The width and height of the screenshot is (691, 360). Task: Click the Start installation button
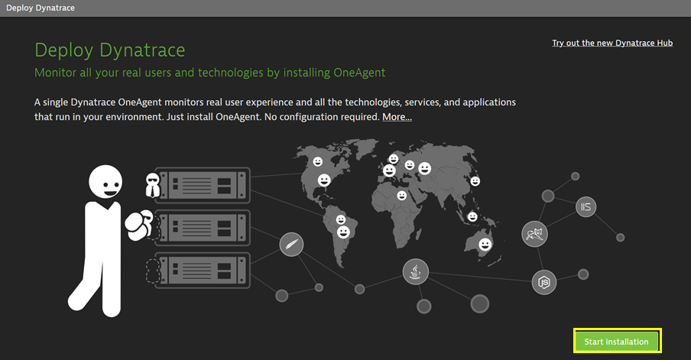617,341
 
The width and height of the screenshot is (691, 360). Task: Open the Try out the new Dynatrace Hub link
612,43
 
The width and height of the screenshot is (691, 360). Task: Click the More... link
397,117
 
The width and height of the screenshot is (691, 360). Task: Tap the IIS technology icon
586,206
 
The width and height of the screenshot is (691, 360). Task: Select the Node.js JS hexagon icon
543,283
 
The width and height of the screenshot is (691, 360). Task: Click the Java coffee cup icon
415,272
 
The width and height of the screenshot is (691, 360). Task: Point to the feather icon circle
291,244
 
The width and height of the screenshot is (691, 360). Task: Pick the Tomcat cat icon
534,234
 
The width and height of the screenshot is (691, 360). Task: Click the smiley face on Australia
485,245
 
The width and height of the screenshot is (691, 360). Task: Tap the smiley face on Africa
401,195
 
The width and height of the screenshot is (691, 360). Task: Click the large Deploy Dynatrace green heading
110,50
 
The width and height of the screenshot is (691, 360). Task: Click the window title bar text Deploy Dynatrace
41,8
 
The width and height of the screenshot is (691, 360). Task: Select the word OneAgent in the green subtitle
359,73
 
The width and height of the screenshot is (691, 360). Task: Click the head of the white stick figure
105,182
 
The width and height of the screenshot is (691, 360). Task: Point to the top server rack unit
203,185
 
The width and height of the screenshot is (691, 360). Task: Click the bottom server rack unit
203,270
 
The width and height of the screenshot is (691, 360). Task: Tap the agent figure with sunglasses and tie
152,185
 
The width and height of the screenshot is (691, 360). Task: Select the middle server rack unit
203,228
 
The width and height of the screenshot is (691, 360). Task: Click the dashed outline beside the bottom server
152,270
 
